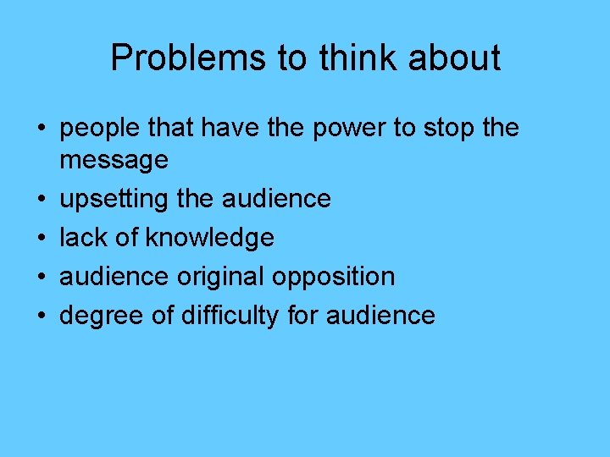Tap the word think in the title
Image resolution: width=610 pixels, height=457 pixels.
(350, 58)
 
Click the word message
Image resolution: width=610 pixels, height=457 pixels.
(114, 158)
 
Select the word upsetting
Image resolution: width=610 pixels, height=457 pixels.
(115, 199)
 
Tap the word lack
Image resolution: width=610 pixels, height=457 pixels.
(81, 238)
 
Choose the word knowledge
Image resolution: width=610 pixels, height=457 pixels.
(209, 238)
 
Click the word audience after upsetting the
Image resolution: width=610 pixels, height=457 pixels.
(276, 199)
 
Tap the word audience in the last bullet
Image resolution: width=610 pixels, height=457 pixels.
(380, 316)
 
